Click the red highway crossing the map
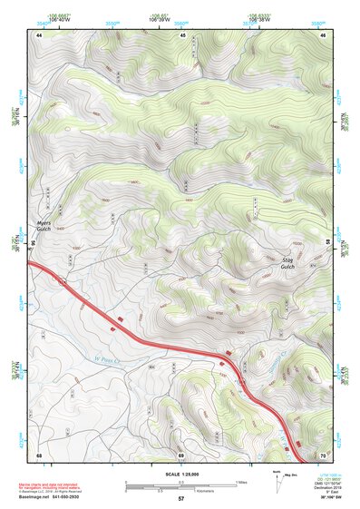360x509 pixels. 163,346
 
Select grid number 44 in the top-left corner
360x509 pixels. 40,34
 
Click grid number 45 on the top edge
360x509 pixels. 182,34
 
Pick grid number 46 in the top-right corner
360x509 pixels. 323,34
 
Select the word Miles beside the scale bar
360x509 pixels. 241,481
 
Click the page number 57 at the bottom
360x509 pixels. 181,500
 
